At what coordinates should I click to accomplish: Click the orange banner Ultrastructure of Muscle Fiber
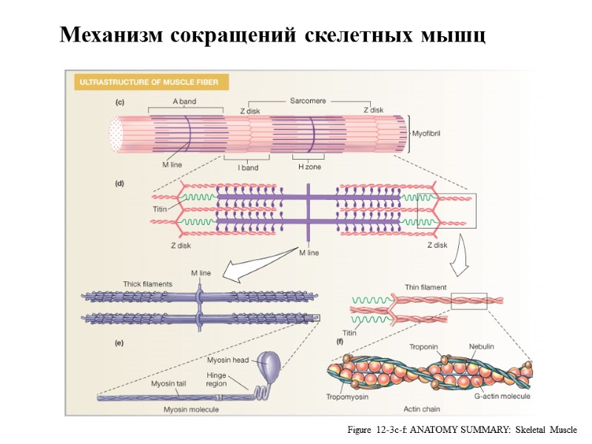(x=150, y=82)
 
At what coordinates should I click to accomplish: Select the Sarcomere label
(x=308, y=101)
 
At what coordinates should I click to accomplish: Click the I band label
(x=248, y=167)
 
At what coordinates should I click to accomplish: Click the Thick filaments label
(x=147, y=283)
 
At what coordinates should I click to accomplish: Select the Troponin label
(x=425, y=346)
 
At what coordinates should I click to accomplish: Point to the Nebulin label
(x=482, y=346)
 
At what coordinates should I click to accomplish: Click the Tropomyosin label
(x=348, y=397)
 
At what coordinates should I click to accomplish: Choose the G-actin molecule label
(x=502, y=397)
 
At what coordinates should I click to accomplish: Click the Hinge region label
(x=217, y=380)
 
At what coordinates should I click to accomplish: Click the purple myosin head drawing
(x=269, y=363)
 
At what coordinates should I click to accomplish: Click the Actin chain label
(x=423, y=408)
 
